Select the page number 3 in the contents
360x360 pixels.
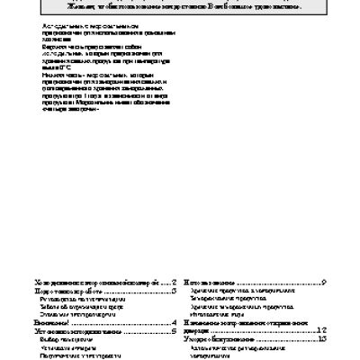[x=173, y=292]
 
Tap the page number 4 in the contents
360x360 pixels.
[x=173, y=322]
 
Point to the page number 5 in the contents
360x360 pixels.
[x=173, y=332]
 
